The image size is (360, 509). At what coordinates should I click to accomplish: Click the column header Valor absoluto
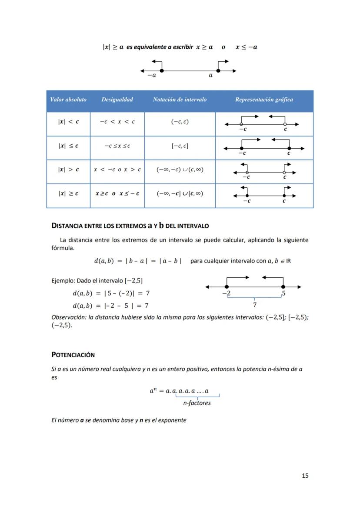[x=68, y=100]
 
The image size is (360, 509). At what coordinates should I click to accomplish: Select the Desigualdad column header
[x=117, y=100]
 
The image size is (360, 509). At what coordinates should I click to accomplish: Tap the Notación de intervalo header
[x=180, y=100]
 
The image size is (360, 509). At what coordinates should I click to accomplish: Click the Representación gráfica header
[x=264, y=100]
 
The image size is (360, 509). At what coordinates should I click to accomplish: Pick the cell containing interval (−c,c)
[x=180, y=122]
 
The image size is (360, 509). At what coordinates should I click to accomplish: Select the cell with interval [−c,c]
[x=180, y=146]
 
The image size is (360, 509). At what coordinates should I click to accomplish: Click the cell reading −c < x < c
[x=117, y=122]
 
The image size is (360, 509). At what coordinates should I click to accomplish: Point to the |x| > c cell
[x=68, y=170]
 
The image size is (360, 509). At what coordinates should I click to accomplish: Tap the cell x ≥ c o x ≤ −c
[x=117, y=193]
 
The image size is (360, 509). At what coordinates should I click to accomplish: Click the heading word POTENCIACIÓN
[x=73, y=355]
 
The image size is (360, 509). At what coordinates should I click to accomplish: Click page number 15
[x=305, y=476]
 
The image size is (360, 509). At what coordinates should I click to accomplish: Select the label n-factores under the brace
[x=197, y=403]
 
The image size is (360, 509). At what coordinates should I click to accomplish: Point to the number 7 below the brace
[x=254, y=305]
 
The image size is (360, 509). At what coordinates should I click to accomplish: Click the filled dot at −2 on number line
[x=227, y=287]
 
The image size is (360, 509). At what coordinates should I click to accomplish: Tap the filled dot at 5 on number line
[x=283, y=287]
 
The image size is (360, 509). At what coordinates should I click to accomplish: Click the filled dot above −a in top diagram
[x=161, y=70]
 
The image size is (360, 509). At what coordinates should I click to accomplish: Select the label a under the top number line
[x=211, y=76]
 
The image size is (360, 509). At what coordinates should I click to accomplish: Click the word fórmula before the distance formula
[x=63, y=248]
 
